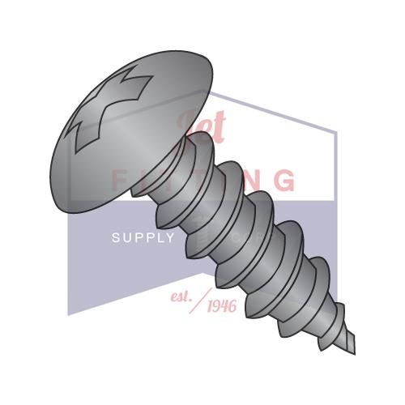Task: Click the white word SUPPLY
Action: (143, 237)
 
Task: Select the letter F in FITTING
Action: (118, 179)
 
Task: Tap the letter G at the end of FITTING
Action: (284, 179)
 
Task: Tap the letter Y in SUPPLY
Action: (170, 237)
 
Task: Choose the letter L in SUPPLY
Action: (160, 237)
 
